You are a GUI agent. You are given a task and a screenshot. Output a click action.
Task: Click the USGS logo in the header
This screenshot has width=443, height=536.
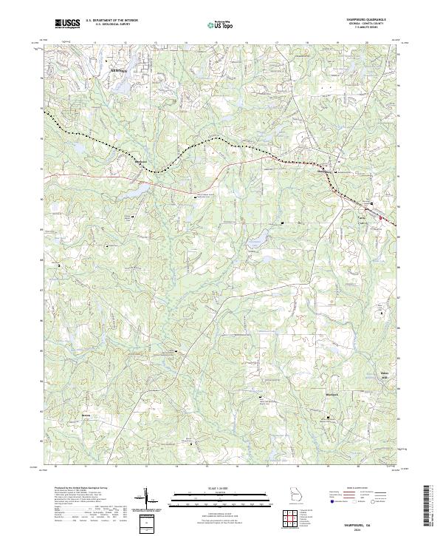point(67,24)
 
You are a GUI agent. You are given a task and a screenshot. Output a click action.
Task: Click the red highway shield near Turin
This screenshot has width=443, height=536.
point(381,217)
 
